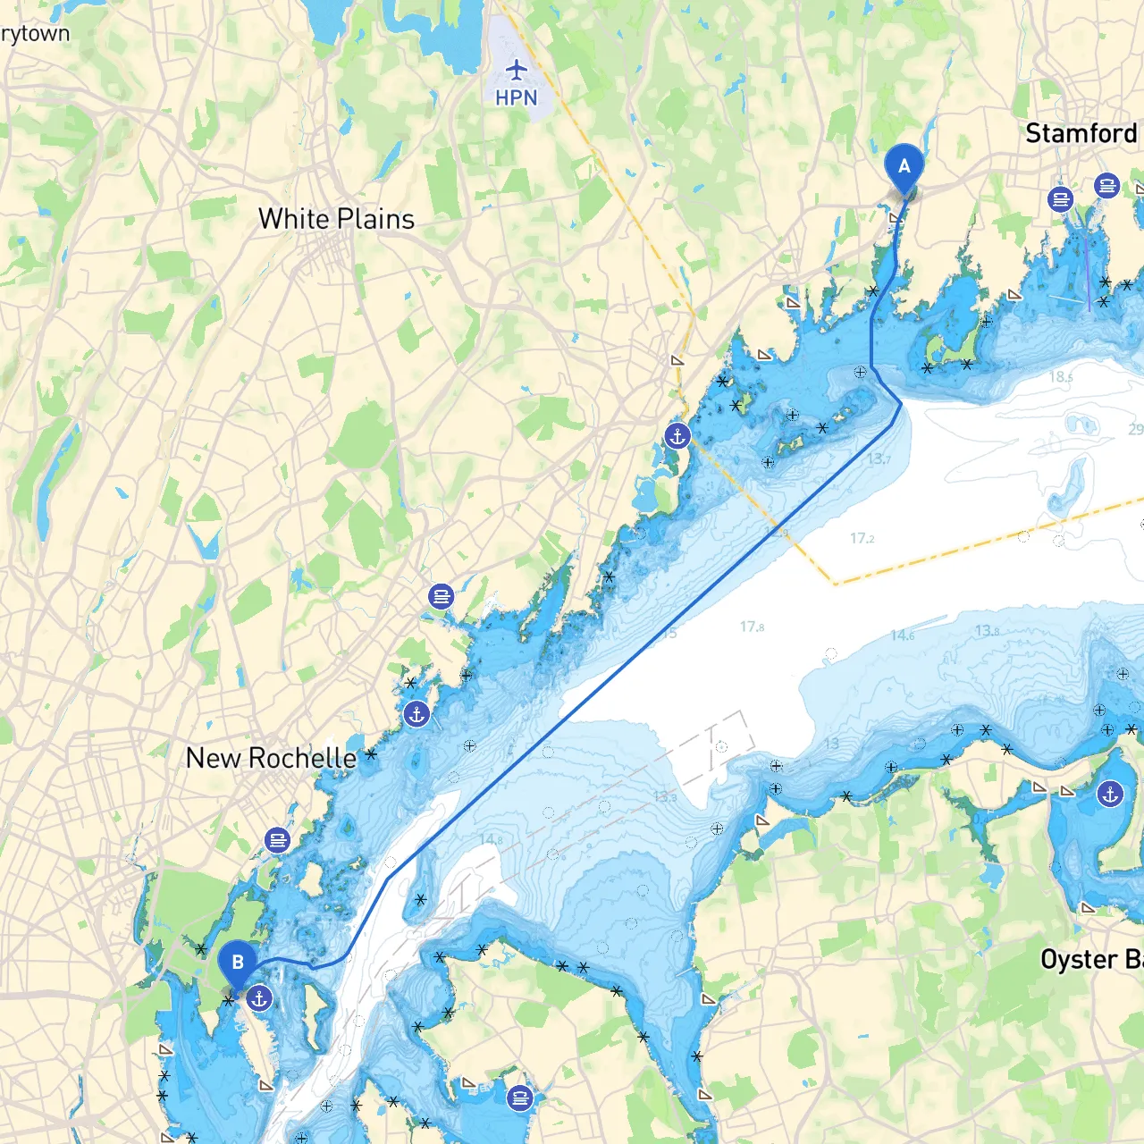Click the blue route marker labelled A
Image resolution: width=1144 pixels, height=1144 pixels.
point(904,167)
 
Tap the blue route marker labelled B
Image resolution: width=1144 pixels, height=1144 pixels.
point(238,963)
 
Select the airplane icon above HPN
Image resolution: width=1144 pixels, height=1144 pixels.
point(517,70)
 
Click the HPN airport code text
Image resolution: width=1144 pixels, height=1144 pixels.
point(517,97)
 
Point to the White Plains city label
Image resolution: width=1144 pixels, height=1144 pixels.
point(336,219)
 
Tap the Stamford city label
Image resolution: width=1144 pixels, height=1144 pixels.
point(1081,134)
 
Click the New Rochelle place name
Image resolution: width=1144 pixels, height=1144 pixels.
point(271,759)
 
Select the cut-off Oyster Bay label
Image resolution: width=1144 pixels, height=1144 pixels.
point(1090,960)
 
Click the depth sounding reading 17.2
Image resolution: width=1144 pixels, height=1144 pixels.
point(862,538)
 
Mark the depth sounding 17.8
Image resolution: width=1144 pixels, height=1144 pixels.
point(752,627)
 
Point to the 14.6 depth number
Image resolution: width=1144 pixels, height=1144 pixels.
point(902,635)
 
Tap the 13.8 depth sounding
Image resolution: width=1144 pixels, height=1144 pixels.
point(987,631)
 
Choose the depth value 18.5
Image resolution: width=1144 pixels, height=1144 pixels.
point(1060,376)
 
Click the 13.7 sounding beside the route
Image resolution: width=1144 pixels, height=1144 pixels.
point(879,458)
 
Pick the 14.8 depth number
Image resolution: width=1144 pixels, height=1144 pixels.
point(491,839)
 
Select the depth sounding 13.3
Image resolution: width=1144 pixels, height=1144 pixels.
point(665,796)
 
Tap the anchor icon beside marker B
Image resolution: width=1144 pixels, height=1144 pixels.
point(259,998)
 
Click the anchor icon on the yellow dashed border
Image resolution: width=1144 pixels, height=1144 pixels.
point(677,436)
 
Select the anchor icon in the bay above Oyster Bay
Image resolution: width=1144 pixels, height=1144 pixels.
point(1110,794)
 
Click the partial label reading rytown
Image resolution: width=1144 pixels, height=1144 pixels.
point(35,34)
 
